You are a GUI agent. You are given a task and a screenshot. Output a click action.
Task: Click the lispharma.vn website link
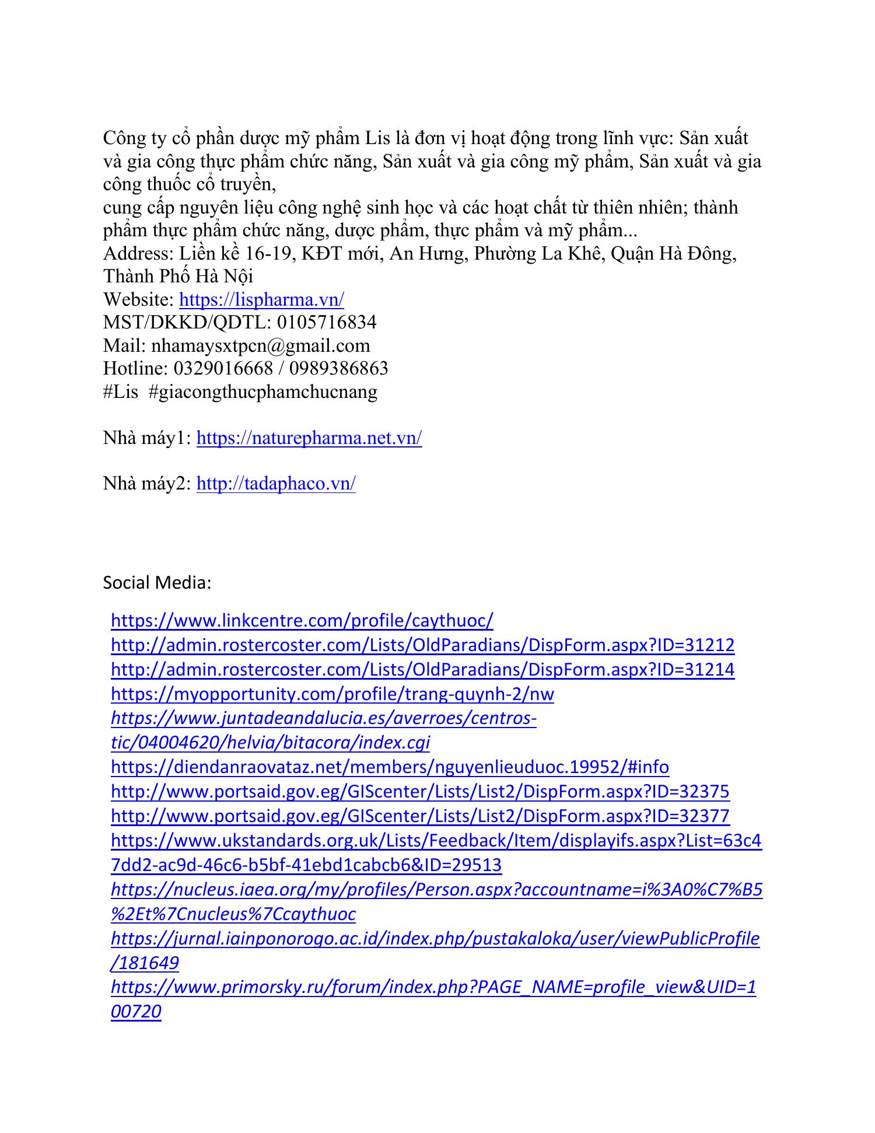[261, 300]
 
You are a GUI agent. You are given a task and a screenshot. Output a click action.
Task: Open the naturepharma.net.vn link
[309, 438]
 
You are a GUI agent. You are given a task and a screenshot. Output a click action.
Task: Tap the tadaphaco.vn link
[276, 484]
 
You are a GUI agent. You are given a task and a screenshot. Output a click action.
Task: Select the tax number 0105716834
[327, 323]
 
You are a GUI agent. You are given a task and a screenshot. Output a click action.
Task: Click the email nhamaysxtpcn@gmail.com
[260, 345]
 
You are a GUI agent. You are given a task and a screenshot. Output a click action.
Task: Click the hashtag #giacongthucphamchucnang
[263, 391]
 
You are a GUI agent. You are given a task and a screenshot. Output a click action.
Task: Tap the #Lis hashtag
[121, 391]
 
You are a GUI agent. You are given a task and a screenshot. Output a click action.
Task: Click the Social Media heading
[157, 582]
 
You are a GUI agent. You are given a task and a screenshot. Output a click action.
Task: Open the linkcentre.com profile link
[302, 620]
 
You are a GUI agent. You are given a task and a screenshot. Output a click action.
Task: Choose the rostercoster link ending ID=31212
[422, 645]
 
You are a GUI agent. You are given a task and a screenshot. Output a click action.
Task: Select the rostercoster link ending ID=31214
[422, 669]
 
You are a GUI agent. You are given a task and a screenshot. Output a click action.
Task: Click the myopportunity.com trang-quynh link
[332, 694]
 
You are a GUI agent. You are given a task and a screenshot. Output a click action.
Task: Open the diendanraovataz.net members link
[390, 767]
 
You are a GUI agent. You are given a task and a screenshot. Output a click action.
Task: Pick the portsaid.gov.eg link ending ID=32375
[420, 791]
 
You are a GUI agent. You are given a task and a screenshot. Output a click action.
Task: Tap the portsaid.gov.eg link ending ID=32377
[420, 816]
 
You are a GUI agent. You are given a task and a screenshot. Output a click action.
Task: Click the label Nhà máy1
[146, 438]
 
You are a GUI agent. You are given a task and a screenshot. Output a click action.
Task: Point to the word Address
[136, 254]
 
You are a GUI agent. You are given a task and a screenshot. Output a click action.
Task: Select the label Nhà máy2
[146, 484]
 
